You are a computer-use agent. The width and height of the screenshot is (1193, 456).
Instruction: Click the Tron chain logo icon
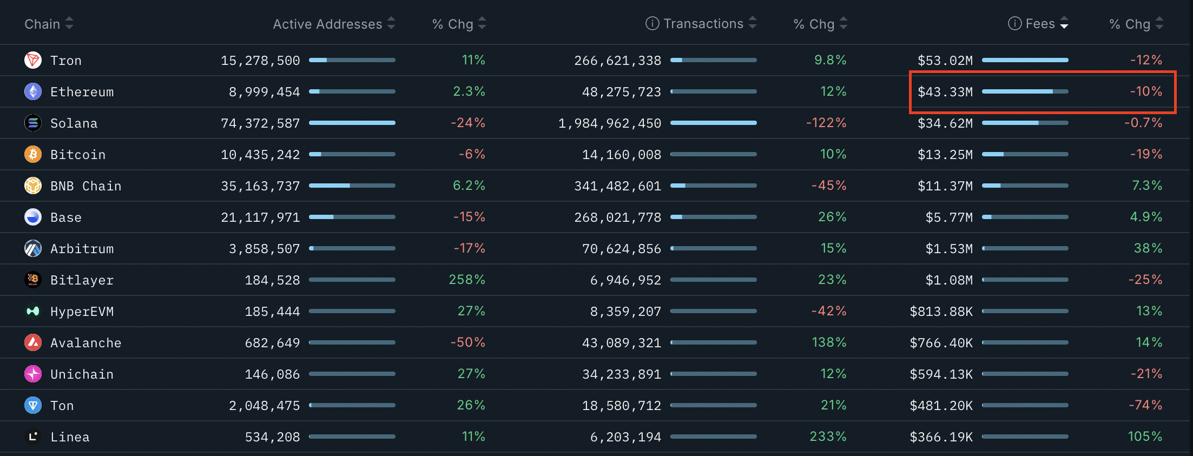[33, 60]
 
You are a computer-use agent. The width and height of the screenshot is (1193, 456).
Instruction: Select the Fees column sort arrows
[1064, 23]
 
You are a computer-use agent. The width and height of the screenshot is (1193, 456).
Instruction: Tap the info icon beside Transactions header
[652, 23]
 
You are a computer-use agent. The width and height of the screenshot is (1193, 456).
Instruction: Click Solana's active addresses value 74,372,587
[260, 123]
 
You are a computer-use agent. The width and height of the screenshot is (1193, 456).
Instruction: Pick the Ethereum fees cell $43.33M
[945, 92]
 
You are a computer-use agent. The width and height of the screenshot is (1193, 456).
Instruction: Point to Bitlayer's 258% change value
[466, 280]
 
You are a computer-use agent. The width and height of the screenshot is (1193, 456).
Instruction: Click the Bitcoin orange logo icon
[33, 154]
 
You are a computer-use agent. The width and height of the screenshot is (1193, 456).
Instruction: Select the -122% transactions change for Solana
[826, 123]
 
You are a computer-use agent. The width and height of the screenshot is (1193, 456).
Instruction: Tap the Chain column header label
[42, 24]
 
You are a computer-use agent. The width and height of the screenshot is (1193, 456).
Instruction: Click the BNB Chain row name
[85, 186]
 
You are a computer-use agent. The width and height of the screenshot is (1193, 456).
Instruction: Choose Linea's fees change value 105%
[1144, 437]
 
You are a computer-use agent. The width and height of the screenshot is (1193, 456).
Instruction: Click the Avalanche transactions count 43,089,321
[621, 343]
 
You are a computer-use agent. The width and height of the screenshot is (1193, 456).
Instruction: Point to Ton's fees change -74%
[1145, 405]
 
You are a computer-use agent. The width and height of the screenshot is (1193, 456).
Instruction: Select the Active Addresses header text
[327, 24]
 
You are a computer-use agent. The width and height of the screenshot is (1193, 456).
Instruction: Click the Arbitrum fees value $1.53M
[948, 249]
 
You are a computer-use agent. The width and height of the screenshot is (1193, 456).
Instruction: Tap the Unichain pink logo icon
[33, 374]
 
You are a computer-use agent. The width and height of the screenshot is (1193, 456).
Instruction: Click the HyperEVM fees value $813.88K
[941, 312]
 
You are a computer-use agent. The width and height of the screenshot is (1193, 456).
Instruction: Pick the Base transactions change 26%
[832, 217]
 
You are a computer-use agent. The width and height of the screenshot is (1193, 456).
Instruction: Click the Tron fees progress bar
[1025, 60]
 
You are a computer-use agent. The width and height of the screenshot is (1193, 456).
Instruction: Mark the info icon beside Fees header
[1014, 23]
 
